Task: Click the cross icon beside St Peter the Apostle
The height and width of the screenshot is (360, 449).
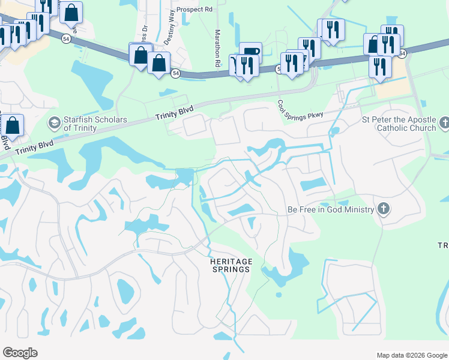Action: click(444, 124)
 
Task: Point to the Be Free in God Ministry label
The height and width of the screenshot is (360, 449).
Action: click(331, 209)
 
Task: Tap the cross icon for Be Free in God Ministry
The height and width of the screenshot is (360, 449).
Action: click(384, 209)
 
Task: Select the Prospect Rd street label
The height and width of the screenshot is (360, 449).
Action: click(195, 10)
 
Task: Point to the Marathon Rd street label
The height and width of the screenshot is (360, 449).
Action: click(217, 48)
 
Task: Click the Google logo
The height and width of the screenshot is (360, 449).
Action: click(20, 352)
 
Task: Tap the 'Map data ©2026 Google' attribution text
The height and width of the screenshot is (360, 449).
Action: click(411, 355)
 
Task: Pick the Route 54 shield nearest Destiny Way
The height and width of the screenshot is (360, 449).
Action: click(175, 73)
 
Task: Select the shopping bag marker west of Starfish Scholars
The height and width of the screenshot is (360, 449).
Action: click(13, 126)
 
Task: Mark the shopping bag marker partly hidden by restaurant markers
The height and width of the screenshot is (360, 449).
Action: click(373, 43)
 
